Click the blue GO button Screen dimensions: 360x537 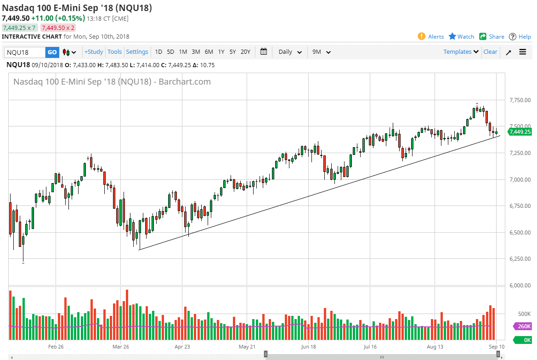52,52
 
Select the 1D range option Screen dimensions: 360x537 158,52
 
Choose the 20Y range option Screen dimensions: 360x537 245,52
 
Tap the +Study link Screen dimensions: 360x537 94,52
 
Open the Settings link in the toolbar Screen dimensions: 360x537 137,52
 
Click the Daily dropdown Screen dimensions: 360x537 290,52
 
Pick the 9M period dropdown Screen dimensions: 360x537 322,52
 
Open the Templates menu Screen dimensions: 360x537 461,52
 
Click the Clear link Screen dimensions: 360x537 490,52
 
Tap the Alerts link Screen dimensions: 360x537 431,37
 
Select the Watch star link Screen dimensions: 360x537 461,37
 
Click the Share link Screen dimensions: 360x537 492,37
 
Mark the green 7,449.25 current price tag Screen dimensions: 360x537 520,132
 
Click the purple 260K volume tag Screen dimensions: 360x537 522,326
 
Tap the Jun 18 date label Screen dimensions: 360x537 308,347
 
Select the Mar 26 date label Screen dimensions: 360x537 120,347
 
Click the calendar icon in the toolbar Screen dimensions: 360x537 264,51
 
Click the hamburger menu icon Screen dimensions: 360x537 523,52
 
